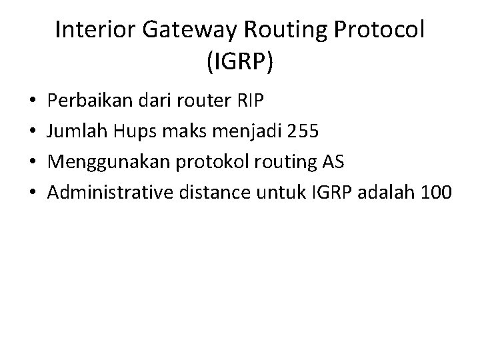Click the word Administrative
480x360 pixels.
110,193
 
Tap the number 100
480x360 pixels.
437,193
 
